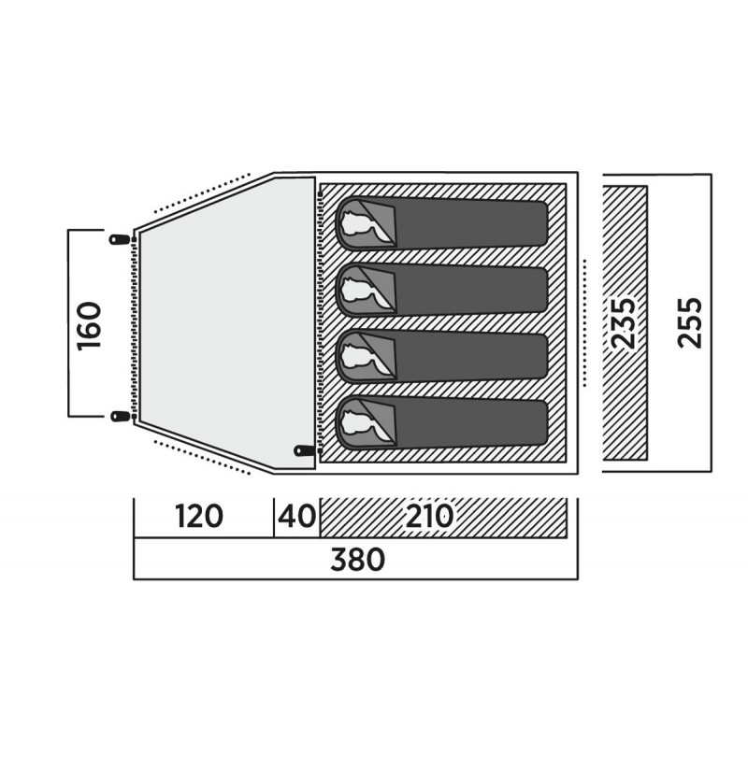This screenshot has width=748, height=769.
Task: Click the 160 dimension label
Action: pos(90,325)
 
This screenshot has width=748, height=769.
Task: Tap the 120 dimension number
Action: pos(199,517)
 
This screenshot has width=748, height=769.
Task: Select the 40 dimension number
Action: pos(297,517)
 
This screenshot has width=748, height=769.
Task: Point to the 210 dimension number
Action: pos(429,517)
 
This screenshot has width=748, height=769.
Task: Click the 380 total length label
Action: pos(357,560)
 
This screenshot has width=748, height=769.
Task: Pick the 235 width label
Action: pos(624,323)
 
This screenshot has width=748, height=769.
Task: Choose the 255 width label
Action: pos(690,323)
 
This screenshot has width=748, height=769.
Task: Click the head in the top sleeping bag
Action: pos(360,223)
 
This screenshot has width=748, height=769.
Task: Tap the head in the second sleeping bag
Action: pos(360,290)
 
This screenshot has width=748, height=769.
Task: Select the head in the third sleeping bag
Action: pos(360,356)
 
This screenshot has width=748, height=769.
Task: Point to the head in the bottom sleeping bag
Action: pos(360,421)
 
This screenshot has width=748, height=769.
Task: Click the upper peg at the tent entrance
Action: pos(120,239)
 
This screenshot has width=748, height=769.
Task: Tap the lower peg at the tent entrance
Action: pos(120,417)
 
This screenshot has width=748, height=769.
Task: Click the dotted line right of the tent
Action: pos(585,323)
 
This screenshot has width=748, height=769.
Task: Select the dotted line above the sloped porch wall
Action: pos(202,192)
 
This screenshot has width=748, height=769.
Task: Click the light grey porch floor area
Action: pos(225,323)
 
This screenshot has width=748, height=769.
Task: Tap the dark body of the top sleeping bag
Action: pos(471,223)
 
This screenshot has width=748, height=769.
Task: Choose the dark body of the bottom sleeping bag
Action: pos(471,422)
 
